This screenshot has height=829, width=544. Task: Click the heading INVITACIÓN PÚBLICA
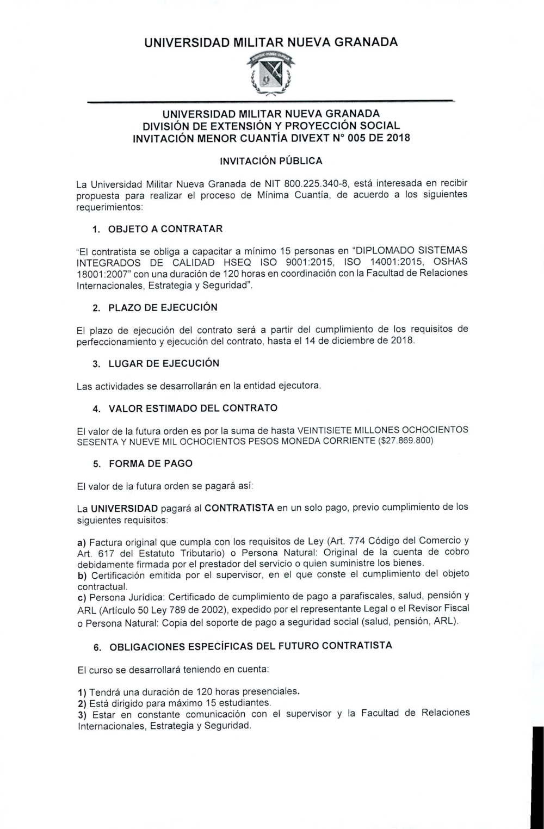[270, 161]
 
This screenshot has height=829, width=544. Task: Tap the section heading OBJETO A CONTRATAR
[165, 228]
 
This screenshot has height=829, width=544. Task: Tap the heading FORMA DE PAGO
[150, 464]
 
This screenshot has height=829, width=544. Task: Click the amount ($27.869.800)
[405, 440]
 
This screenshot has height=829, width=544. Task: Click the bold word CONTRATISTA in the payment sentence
[239, 509]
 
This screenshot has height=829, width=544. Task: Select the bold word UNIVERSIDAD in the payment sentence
[124, 509]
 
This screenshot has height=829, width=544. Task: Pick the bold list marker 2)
[83, 703]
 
